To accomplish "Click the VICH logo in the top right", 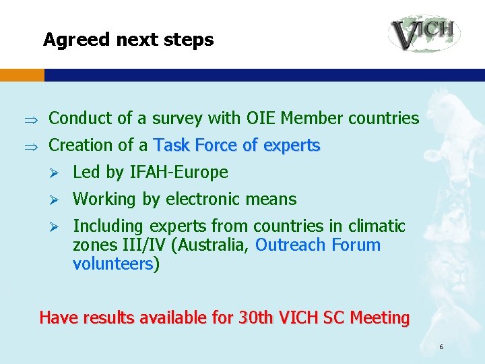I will (x=424, y=33).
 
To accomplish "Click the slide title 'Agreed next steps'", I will (x=128, y=40).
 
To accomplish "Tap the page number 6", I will (x=441, y=347).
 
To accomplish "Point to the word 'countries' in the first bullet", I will (x=383, y=118).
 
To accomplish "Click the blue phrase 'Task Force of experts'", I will (x=237, y=145).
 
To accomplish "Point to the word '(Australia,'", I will (x=211, y=245).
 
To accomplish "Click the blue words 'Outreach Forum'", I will (x=318, y=245).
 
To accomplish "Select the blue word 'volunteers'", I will (x=113, y=264).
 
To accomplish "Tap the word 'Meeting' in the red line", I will (x=379, y=317).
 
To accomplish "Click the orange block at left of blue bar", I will (x=22, y=75).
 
